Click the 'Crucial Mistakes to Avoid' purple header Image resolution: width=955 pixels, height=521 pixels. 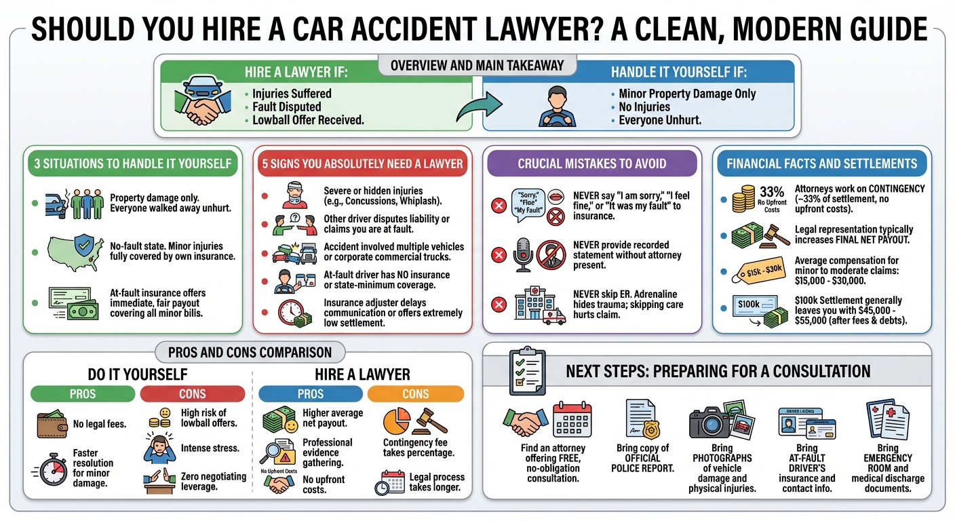pos(591,163)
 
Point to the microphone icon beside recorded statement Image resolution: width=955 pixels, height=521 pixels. pos(523,254)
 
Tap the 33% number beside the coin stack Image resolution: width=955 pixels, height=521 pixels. pos(772,192)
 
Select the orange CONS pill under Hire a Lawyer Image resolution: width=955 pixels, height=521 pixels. pos(415,393)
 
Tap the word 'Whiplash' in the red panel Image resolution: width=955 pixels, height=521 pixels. pos(419,201)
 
